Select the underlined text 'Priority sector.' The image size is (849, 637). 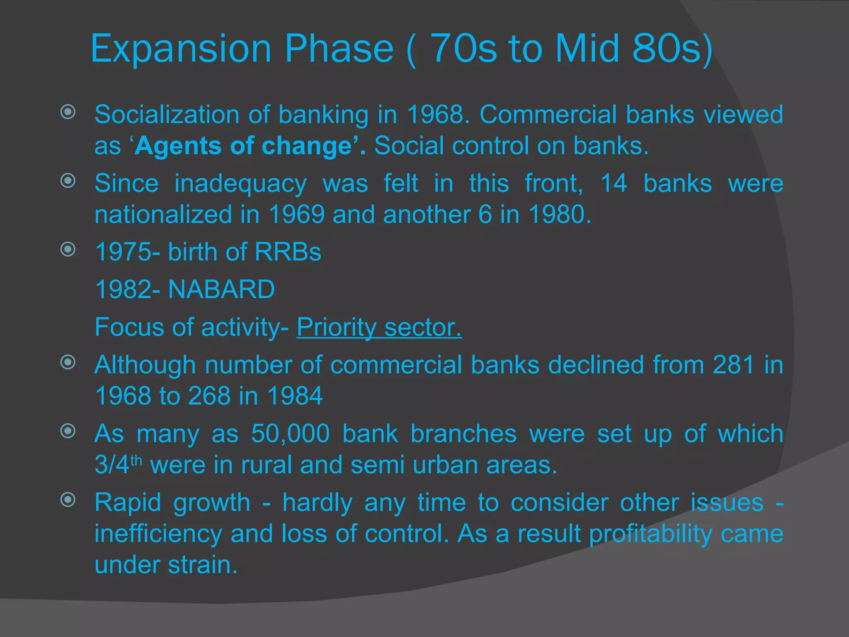(x=379, y=327)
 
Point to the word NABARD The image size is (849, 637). (x=221, y=289)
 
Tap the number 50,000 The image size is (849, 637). (x=290, y=434)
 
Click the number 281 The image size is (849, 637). (x=733, y=365)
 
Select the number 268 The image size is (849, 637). (x=209, y=396)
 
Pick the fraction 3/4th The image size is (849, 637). (x=118, y=464)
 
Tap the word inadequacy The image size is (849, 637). (x=240, y=184)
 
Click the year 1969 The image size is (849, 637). (x=296, y=215)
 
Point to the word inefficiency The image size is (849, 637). (x=158, y=533)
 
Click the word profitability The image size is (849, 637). (x=650, y=533)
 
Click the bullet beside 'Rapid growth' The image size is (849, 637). (x=68, y=500)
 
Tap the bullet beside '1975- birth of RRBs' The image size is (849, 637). (x=68, y=249)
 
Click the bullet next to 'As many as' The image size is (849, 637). (x=68, y=431)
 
